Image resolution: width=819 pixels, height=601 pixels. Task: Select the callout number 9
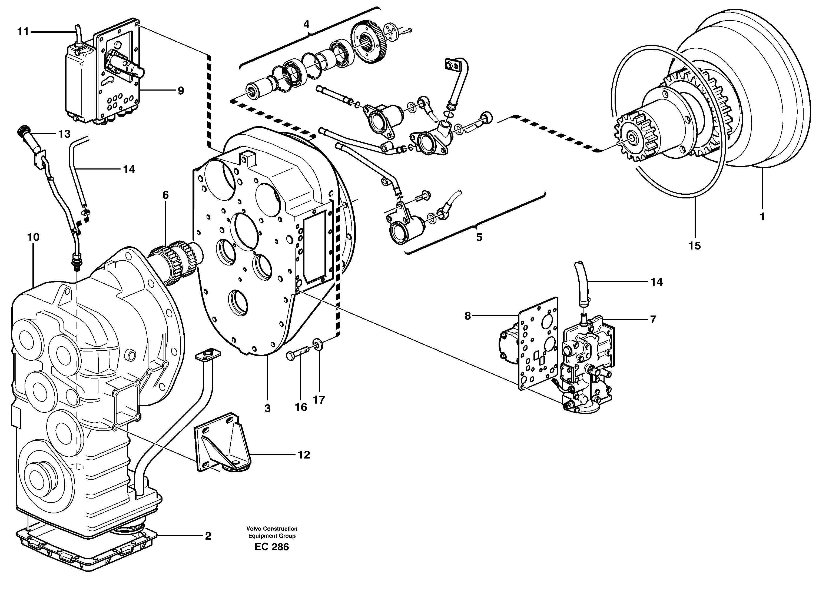(x=181, y=91)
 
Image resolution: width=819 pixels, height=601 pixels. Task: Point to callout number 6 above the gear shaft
(x=165, y=195)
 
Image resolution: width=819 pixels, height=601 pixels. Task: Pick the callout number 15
(x=694, y=246)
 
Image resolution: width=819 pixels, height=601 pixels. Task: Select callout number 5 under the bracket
(x=479, y=237)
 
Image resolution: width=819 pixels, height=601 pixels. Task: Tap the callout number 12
(x=304, y=455)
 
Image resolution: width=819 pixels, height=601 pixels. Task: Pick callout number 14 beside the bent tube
(x=129, y=169)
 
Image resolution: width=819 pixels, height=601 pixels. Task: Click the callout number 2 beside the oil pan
(x=208, y=536)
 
